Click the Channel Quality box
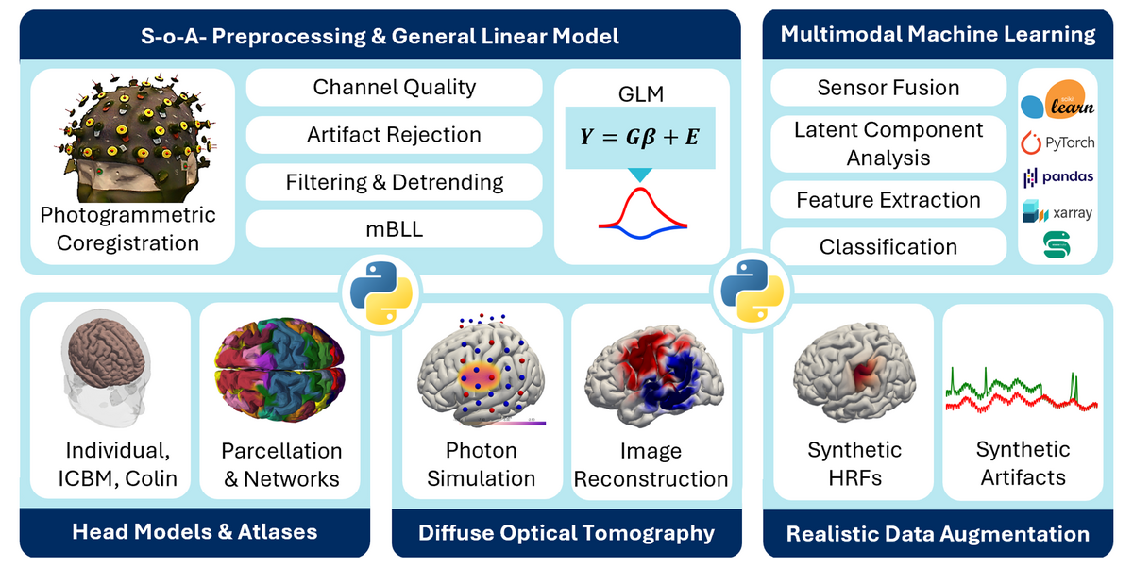pos(394,88)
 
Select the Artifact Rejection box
pos(394,135)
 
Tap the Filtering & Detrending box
pos(394,181)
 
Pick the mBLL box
pos(394,228)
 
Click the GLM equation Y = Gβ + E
pos(639,136)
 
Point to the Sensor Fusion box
pos(888,88)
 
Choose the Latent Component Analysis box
pos(888,143)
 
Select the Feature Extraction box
pos(888,200)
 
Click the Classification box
pos(888,247)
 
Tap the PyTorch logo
pos(1058,143)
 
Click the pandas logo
pos(1058,176)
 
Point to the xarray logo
pos(1058,213)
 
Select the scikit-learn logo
pos(1058,102)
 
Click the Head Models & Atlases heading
pos(194,531)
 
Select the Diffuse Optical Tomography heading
pos(566,533)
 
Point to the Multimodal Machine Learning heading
pos(938,35)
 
